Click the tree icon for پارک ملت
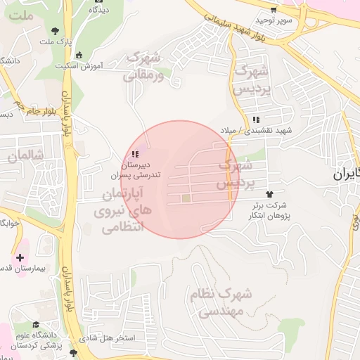pyautogui.click(x=56, y=30)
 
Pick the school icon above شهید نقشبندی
pyautogui.click(x=256, y=120)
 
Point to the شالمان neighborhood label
pyautogui.click(x=27, y=155)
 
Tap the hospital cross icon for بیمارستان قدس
pyautogui.click(x=20, y=258)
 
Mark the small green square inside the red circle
pyautogui.click(x=186, y=199)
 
